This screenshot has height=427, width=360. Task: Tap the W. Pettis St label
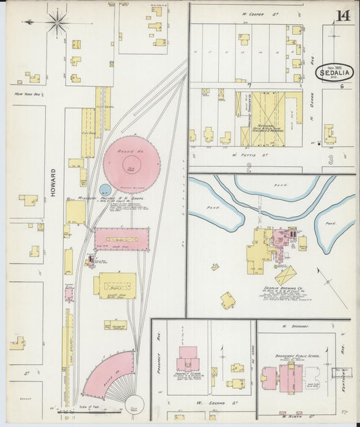[x=245, y=154]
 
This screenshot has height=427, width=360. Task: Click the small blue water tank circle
[x=105, y=190]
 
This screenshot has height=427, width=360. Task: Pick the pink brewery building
[x=281, y=237]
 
